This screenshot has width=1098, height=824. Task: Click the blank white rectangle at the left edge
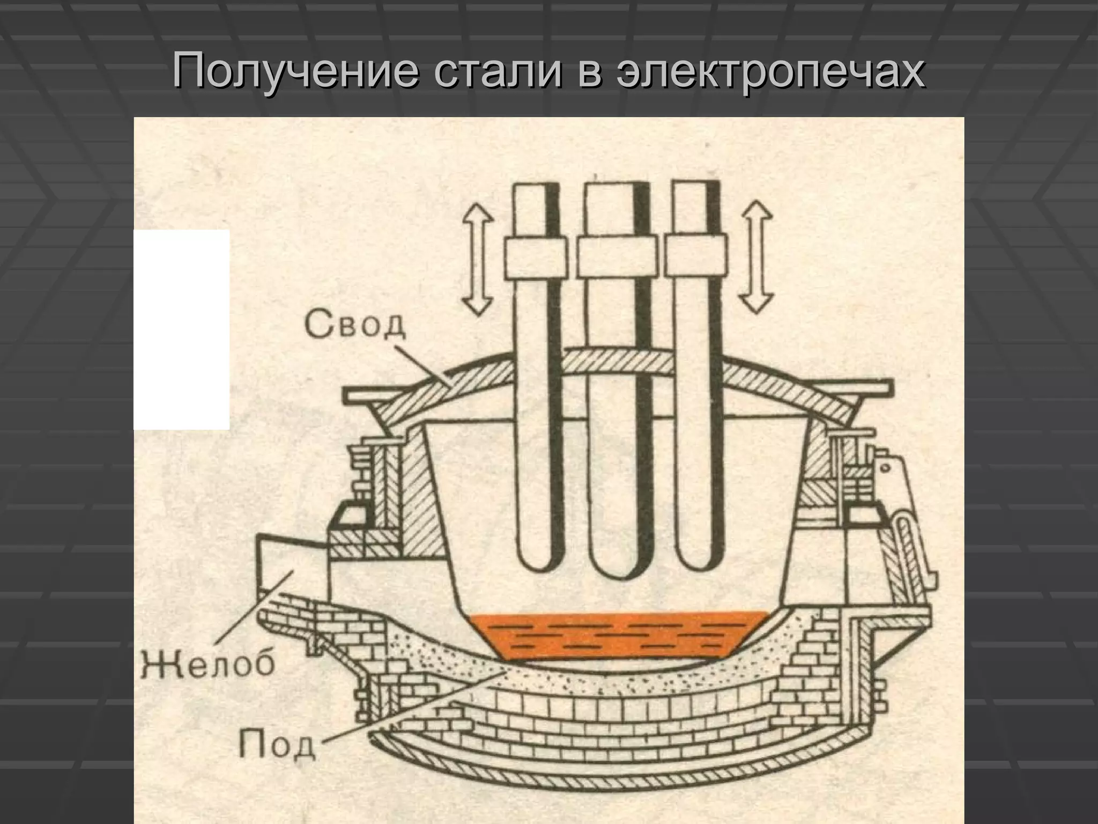pos(182,329)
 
